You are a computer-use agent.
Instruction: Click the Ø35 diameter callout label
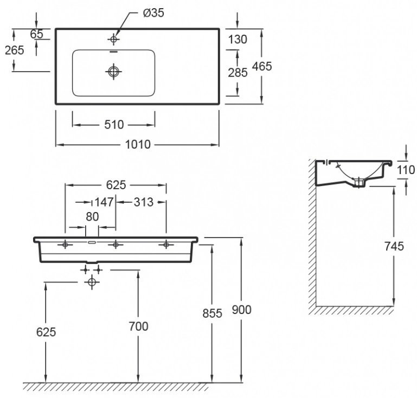pyautogui.click(x=153, y=13)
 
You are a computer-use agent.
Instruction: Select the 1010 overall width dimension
pyautogui.click(x=138, y=145)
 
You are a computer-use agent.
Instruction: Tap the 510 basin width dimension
pyautogui.click(x=114, y=125)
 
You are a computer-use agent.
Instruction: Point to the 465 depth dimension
pyautogui.click(x=262, y=66)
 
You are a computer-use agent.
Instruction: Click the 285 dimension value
pyautogui.click(x=238, y=73)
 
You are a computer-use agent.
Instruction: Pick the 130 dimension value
pyautogui.click(x=238, y=40)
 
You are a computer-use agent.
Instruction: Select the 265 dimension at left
pyautogui.click(x=15, y=50)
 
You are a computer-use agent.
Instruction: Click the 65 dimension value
pyautogui.click(x=36, y=34)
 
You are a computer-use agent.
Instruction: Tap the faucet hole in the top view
pyautogui.click(x=113, y=40)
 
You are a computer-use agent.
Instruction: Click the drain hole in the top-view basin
pyautogui.click(x=113, y=72)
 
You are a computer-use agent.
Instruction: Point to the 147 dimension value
pyautogui.click(x=104, y=202)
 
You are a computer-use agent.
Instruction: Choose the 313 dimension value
pyautogui.click(x=144, y=202)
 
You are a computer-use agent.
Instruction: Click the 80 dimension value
pyautogui.click(x=92, y=217)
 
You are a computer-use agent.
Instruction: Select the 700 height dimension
pyautogui.click(x=138, y=326)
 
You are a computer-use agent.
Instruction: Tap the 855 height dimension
pyautogui.click(x=212, y=313)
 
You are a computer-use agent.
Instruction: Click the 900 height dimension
pyautogui.click(x=241, y=310)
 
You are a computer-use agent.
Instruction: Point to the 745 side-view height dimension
pyautogui.click(x=394, y=247)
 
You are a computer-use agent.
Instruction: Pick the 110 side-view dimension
pyautogui.click(x=406, y=170)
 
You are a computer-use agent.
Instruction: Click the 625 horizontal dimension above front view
pyautogui.click(x=116, y=185)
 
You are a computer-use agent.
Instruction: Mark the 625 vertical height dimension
pyautogui.click(x=46, y=332)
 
